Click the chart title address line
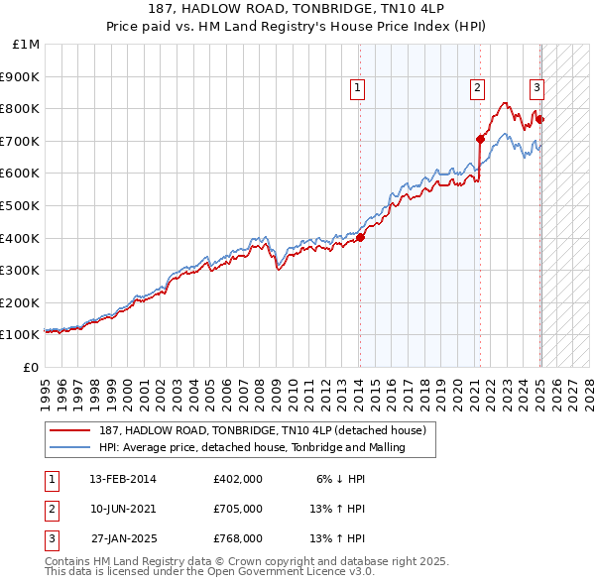pos(297,9)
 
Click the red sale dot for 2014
pos(360,237)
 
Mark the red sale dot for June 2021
pos(480,139)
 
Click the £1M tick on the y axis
pos(26,45)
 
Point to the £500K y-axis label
pos(21,206)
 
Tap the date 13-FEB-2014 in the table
pos(123,478)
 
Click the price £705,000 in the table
pos(238,509)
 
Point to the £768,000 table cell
pos(238,538)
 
